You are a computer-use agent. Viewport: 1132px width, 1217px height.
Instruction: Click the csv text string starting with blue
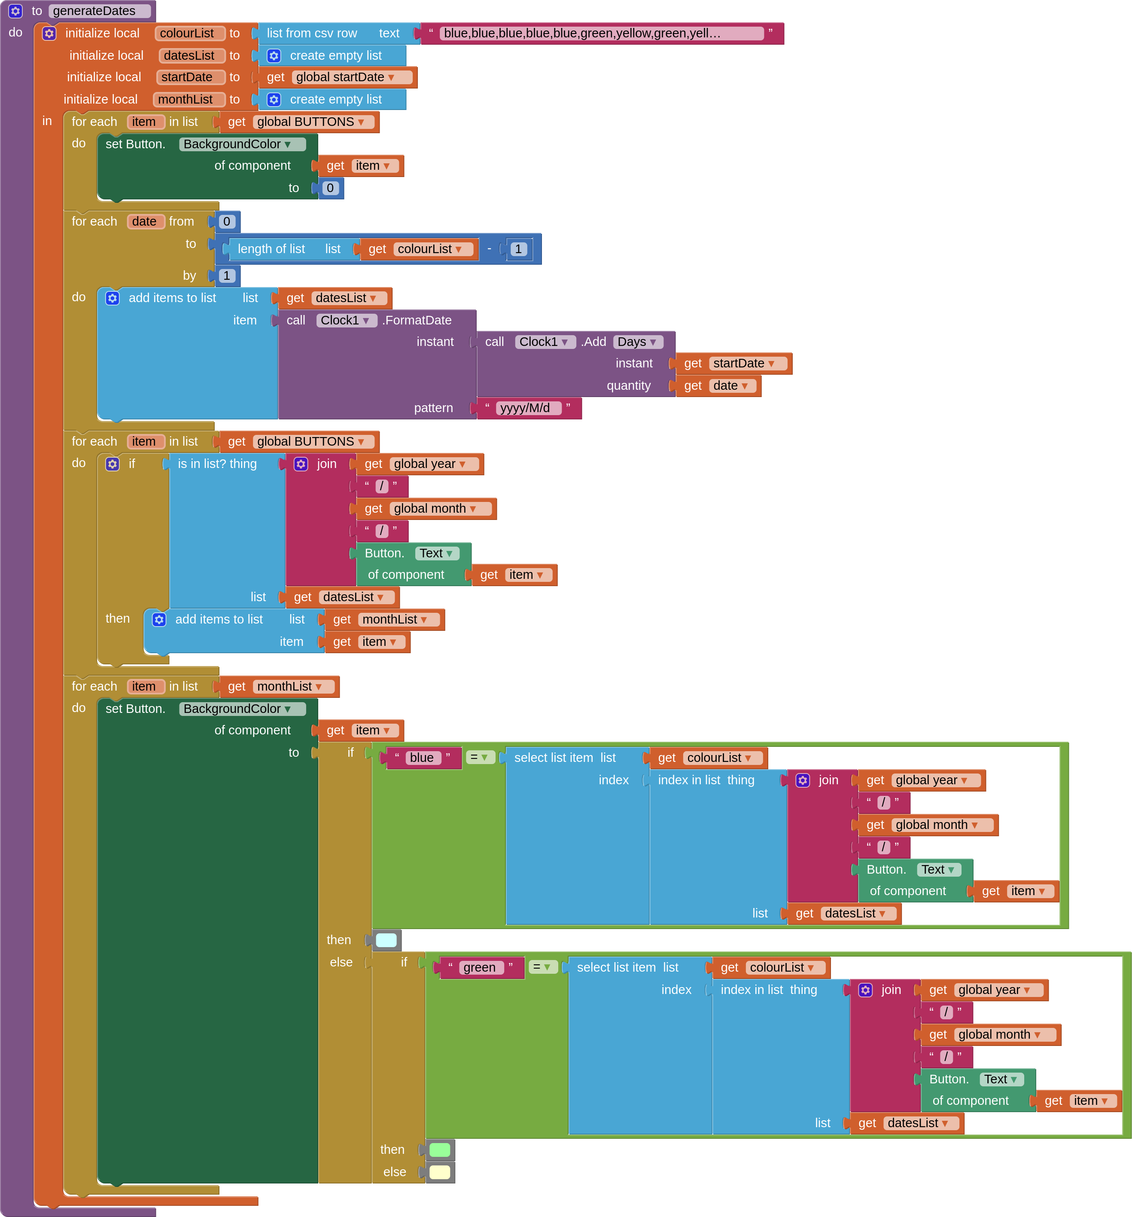[x=582, y=33]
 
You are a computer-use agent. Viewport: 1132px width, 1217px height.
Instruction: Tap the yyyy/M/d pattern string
[x=525, y=408]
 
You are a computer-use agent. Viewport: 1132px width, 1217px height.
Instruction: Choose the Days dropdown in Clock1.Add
[x=637, y=342]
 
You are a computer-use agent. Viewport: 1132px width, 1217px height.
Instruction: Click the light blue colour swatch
[x=386, y=940]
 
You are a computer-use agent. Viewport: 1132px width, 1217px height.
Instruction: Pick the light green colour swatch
[x=439, y=1150]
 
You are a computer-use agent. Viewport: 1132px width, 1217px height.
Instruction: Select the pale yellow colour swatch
[x=439, y=1172]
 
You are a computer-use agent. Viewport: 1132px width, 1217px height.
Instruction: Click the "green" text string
[x=479, y=967]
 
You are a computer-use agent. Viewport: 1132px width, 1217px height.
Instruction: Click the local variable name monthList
[x=186, y=99]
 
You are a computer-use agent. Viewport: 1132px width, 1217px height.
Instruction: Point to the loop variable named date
[x=144, y=222]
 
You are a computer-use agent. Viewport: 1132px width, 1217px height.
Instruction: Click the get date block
[x=717, y=385]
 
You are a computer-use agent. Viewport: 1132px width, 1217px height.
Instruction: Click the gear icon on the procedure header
[x=15, y=11]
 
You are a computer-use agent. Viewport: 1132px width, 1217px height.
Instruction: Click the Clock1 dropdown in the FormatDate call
[x=346, y=320]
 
